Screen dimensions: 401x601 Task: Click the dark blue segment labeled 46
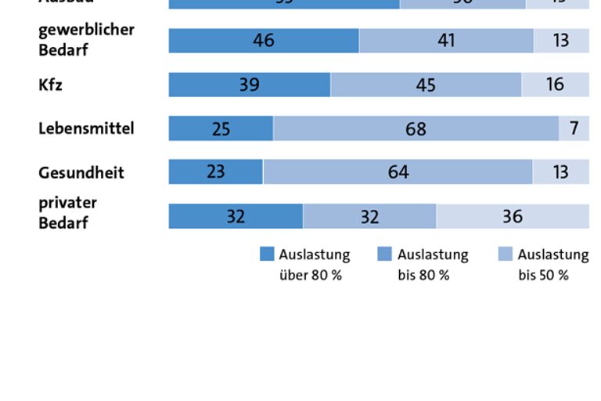pyautogui.click(x=264, y=41)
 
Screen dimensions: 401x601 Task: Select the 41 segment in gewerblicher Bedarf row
pyautogui.click(x=446, y=41)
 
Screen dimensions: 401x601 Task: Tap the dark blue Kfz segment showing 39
pyautogui.click(x=250, y=85)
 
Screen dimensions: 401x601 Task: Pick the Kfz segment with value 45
pyautogui.click(x=426, y=85)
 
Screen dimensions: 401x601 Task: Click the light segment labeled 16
pyautogui.click(x=556, y=85)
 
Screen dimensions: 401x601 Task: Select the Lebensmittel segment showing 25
pyautogui.click(x=221, y=128)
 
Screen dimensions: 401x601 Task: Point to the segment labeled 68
pyautogui.click(x=416, y=128)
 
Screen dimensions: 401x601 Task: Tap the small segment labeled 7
pyautogui.click(x=574, y=128)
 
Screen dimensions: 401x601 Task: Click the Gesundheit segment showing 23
pyautogui.click(x=216, y=172)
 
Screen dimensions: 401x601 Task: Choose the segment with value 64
pyautogui.click(x=398, y=172)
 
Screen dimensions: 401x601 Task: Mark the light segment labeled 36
pyautogui.click(x=513, y=216)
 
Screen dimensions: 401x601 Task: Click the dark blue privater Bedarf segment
pyautogui.click(x=236, y=216)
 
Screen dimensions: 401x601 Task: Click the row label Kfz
pyautogui.click(x=50, y=85)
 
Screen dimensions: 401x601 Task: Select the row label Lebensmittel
pyautogui.click(x=86, y=128)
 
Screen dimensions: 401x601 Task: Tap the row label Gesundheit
pyautogui.click(x=81, y=173)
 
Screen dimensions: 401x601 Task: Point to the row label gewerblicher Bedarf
pyautogui.click(x=86, y=40)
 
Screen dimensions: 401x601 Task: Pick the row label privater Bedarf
pyautogui.click(x=67, y=213)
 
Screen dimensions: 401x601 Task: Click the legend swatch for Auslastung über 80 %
pyautogui.click(x=267, y=255)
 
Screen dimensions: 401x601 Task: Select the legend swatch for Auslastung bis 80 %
pyautogui.click(x=384, y=255)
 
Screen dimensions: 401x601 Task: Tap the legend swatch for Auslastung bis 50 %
pyautogui.click(x=505, y=255)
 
